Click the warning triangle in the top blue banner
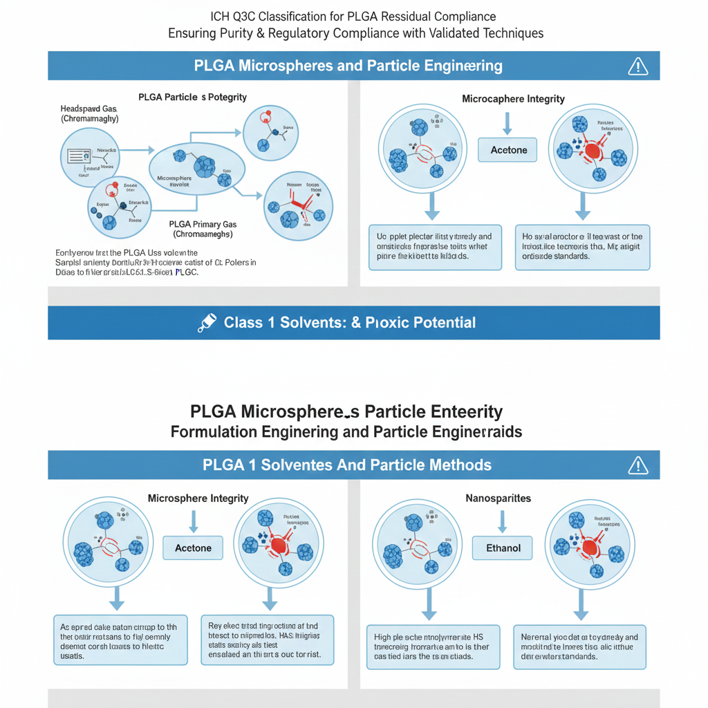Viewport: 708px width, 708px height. click(x=637, y=66)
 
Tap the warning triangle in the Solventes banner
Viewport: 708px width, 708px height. click(x=637, y=465)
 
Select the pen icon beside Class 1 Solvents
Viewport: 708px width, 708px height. click(x=206, y=323)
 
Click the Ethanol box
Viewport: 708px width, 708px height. click(x=503, y=548)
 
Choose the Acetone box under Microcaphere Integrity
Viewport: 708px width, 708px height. click(x=509, y=150)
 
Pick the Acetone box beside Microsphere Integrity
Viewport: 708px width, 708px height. click(x=193, y=548)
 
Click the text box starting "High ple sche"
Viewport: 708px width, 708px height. click(x=432, y=646)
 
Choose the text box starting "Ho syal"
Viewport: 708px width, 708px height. click(x=582, y=247)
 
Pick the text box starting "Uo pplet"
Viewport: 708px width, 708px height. click(x=435, y=247)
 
